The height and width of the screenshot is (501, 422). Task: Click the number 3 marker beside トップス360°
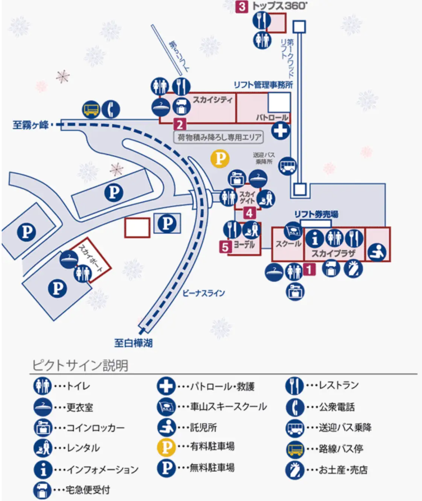(x=242, y=7)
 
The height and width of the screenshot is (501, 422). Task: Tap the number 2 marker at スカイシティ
(x=180, y=124)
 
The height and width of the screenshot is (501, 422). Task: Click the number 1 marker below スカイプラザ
(x=309, y=268)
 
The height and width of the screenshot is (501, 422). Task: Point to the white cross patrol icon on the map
(x=279, y=132)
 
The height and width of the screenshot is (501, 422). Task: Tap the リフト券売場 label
(x=316, y=214)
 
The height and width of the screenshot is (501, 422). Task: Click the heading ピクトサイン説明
(x=79, y=366)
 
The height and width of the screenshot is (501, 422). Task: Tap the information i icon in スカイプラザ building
(x=315, y=238)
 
